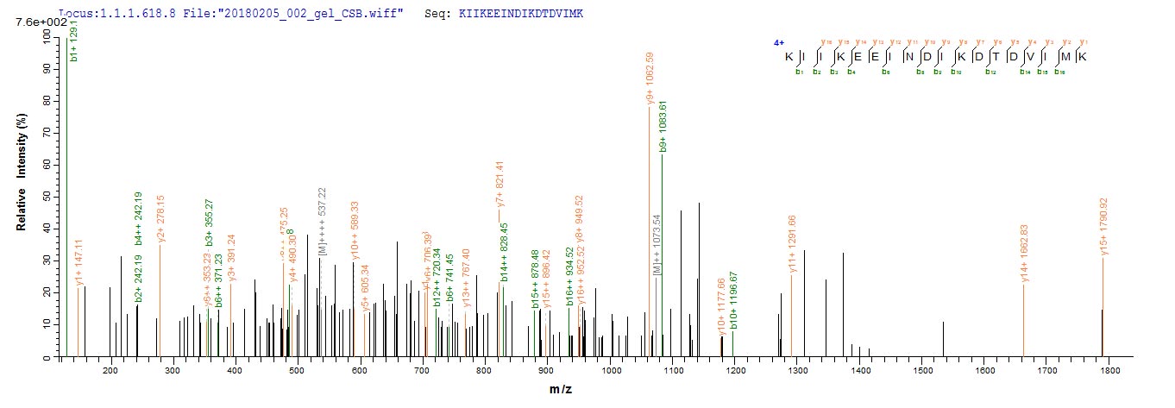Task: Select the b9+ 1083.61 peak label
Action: tap(663, 127)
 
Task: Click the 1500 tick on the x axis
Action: tap(923, 370)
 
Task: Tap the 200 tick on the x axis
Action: tap(110, 370)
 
